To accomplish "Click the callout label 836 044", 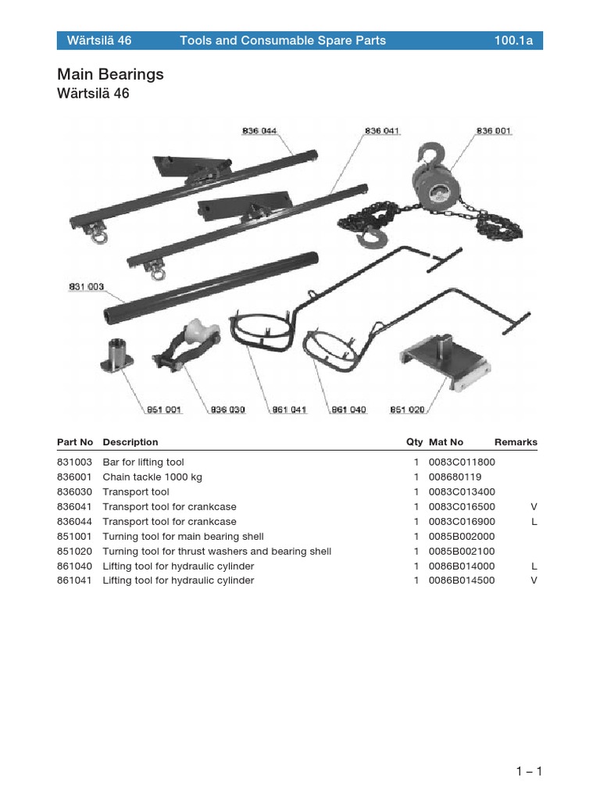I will coord(259,131).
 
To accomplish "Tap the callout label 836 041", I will coord(382,131).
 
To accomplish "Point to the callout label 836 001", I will coord(494,131).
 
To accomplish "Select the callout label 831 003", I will coord(86,287).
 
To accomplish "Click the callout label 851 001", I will coord(164,409).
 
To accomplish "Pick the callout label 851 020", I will coord(407,409).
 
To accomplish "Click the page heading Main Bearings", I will coord(110,74).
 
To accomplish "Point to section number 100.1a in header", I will coord(513,41).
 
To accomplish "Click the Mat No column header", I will coord(446,442).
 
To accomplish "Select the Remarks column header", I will coord(516,442).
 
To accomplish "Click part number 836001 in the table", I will coord(74,477).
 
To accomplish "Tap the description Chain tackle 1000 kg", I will coord(152,477).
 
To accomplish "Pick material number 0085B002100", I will coord(462,552).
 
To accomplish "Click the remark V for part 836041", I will coord(534,507).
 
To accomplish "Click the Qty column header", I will coord(414,442).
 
